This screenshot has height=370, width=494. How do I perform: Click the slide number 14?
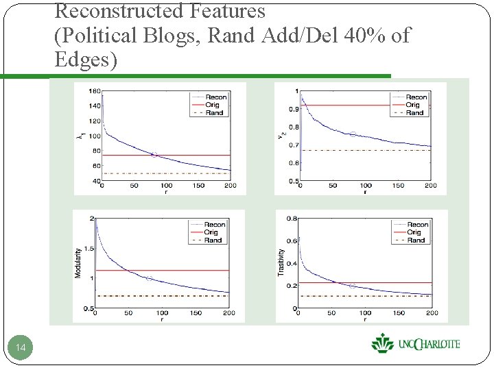(21, 349)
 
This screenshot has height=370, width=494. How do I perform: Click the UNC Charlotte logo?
(415, 343)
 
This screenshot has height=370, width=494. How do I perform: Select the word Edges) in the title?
(86, 59)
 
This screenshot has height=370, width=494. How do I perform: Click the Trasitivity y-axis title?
(281, 262)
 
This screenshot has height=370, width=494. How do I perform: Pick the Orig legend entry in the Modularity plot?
(214, 232)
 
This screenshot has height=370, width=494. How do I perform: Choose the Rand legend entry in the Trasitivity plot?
(416, 241)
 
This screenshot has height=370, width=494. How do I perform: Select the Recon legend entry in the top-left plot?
(215, 97)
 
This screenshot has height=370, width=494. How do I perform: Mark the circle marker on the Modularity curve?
(149, 278)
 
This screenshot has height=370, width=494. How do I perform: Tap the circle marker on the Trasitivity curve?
(352, 286)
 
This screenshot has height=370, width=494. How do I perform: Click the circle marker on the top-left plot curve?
(154, 155)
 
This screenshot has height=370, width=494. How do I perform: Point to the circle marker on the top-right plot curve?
(353, 134)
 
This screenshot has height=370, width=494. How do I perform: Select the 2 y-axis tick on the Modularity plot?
(92, 219)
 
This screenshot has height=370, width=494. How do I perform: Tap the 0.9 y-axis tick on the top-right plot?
(293, 109)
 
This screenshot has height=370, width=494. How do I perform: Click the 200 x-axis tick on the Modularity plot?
(228, 313)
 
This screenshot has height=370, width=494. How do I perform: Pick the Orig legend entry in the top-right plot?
(414, 105)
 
